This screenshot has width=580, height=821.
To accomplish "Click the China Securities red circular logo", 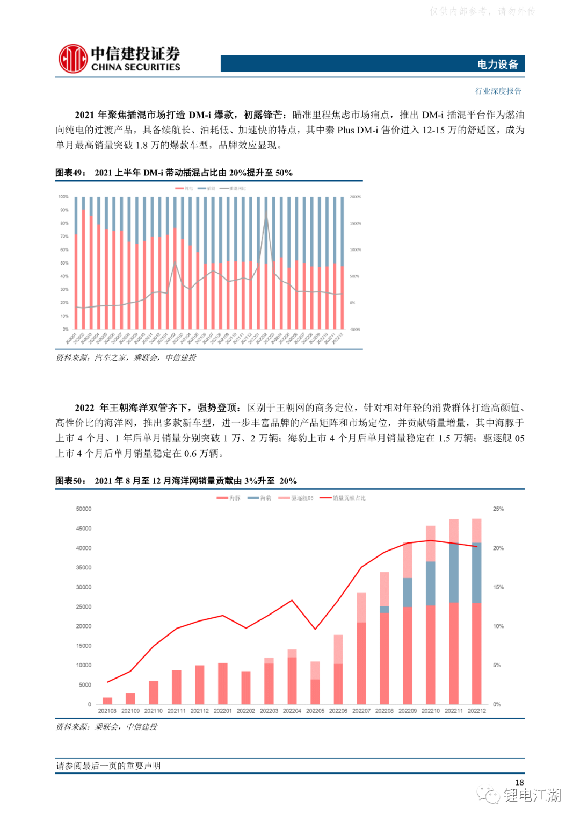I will pyautogui.click(x=73, y=59).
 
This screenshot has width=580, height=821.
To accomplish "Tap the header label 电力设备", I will pyautogui.click(x=497, y=65).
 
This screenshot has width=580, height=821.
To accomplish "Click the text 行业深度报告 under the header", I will pyautogui.click(x=498, y=91).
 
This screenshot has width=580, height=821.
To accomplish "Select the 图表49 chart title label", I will pyautogui.click(x=70, y=173).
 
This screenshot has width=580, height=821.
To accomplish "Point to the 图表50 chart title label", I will pyautogui.click(x=70, y=481).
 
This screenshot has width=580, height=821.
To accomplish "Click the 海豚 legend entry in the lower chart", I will pyautogui.click(x=229, y=498).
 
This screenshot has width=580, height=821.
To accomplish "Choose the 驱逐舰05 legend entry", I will pyautogui.click(x=296, y=498).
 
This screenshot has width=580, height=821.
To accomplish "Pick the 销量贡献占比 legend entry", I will pyautogui.click(x=343, y=498).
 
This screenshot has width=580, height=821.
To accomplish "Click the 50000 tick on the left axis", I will pyautogui.click(x=84, y=509).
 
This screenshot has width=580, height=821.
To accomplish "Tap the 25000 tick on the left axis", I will pyautogui.click(x=84, y=606).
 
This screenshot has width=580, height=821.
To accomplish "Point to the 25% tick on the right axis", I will pyautogui.click(x=498, y=509).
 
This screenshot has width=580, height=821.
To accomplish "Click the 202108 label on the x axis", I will pyautogui.click(x=107, y=711).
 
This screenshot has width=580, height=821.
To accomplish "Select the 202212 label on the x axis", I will pyautogui.click(x=477, y=711).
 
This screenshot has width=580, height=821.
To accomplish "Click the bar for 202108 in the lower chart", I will pyautogui.click(x=107, y=701).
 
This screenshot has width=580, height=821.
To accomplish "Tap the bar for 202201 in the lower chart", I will pyautogui.click(x=223, y=684).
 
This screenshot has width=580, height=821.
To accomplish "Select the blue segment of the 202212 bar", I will pyautogui.click(x=477, y=573).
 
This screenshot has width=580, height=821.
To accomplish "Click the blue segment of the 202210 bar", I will pyautogui.click(x=431, y=583).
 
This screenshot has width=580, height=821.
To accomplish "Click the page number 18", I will pyautogui.click(x=519, y=782).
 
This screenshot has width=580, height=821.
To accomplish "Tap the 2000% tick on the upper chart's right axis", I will pyautogui.click(x=356, y=197).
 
